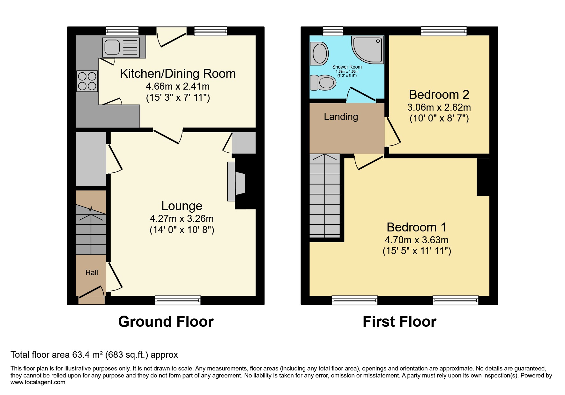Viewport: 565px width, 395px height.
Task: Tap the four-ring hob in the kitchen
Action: [87, 81]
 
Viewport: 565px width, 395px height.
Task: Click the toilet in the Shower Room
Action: [323, 83]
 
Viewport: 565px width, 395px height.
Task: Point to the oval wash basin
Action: [320, 54]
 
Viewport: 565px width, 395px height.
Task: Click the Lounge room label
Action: [182, 206]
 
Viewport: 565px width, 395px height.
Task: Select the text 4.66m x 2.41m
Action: [178, 86]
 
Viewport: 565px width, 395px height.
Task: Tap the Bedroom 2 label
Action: [439, 95]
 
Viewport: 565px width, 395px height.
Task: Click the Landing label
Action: [341, 117]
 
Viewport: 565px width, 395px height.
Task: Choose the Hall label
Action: [92, 273]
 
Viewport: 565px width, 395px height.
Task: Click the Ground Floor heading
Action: [166, 322]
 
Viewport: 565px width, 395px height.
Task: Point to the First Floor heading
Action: [399, 322]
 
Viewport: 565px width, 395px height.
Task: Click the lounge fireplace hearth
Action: [231, 182]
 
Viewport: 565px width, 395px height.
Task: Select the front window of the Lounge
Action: [178, 300]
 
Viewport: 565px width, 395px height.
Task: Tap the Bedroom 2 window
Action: [444, 31]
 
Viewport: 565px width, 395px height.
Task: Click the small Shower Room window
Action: [332, 31]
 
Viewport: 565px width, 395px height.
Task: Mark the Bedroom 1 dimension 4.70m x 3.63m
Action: [417, 240]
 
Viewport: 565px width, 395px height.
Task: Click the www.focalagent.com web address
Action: [38, 382]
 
